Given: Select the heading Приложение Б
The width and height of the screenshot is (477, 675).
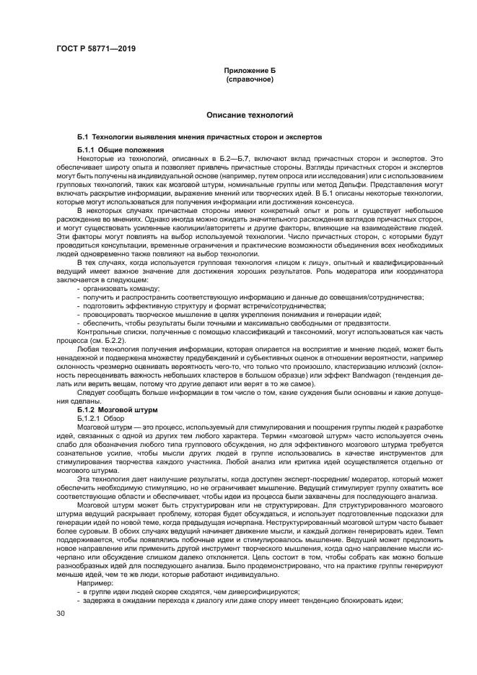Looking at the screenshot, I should pos(250,71).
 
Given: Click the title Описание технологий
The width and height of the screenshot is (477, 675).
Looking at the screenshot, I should pos(250,115).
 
